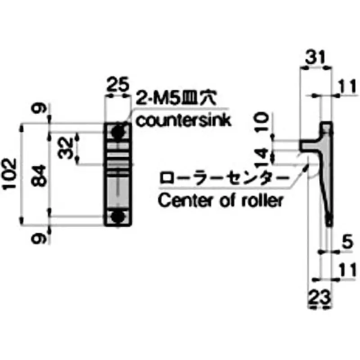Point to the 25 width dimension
[117, 85]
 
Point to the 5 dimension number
[346, 243]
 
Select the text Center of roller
[220, 200]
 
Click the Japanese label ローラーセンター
[223, 178]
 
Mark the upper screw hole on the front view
[118, 132]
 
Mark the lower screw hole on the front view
[118, 216]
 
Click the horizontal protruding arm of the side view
[310, 145]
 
